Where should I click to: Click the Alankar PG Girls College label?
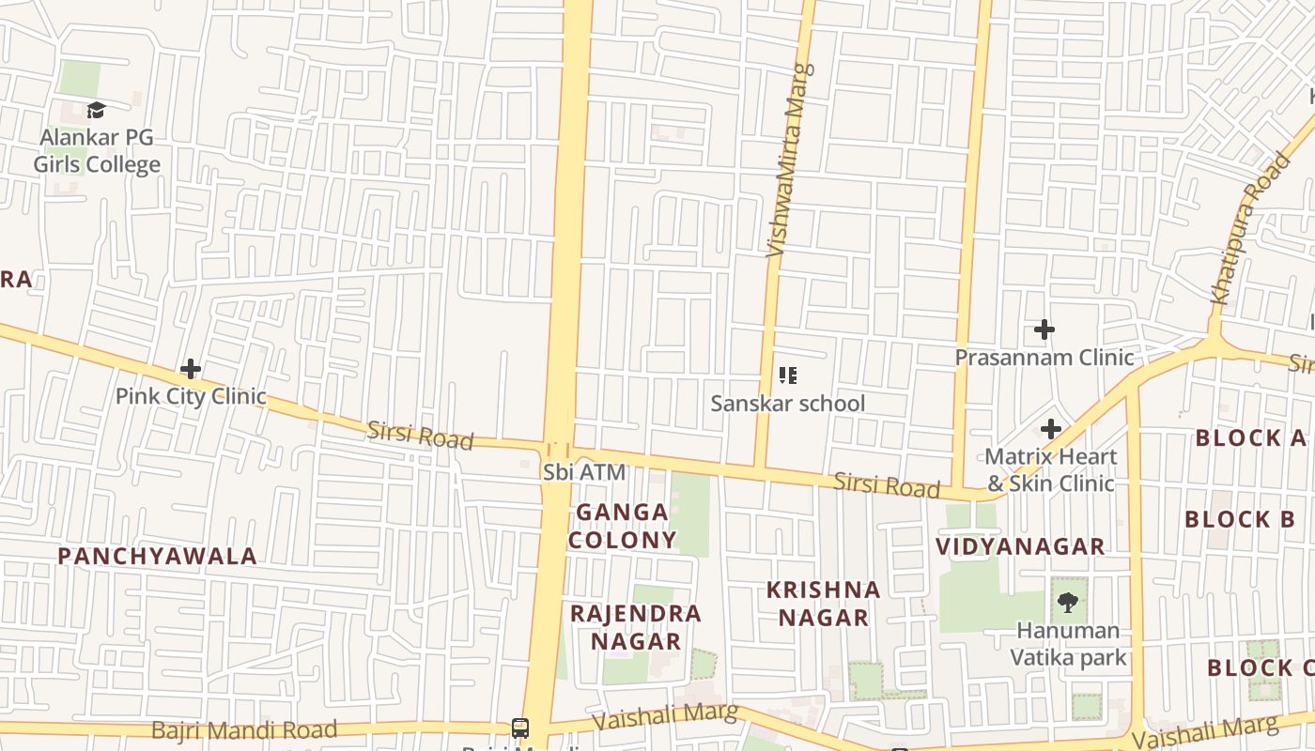97,151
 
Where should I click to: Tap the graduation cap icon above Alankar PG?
96,111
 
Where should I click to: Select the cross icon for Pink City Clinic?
191,369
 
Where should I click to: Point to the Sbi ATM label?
583,472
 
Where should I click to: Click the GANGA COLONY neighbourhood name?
622,526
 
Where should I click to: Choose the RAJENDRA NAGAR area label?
636,627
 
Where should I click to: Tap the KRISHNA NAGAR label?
823,604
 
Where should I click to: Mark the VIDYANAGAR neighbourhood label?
1020,546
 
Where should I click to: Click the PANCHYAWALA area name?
157,556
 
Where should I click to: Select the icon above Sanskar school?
787,376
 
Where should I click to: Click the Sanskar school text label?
787,404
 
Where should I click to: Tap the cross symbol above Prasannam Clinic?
1044,330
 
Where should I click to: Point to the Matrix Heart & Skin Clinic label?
1050,470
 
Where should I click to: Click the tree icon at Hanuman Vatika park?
1067,603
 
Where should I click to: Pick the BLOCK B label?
1240,519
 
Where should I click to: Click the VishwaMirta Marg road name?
788,160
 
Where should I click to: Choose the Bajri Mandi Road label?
243,729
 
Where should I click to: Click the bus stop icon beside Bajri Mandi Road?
519,728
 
